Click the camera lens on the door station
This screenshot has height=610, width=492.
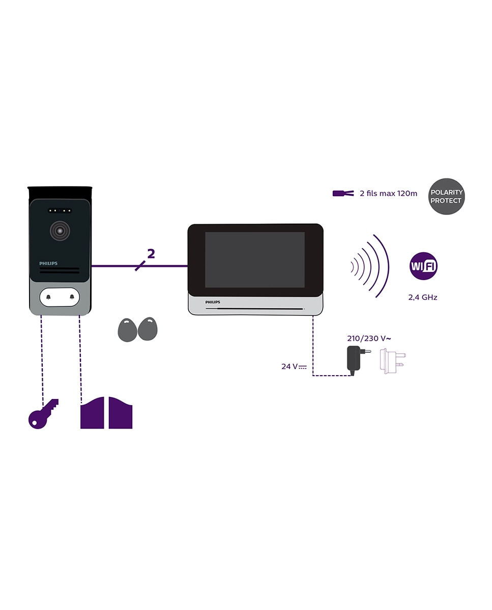pyautogui.click(x=60, y=231)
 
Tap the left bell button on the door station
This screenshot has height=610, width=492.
pyautogui.click(x=48, y=297)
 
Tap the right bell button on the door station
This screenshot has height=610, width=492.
pyautogui.click(x=72, y=297)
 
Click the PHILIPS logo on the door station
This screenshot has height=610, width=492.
pyautogui.click(x=48, y=263)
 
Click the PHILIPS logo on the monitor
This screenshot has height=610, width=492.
pyautogui.click(x=213, y=301)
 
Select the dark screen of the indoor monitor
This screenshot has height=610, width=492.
pyautogui.click(x=254, y=260)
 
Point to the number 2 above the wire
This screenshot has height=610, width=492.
pyautogui.click(x=151, y=254)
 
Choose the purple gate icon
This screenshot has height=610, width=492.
pyautogui.click(x=106, y=414)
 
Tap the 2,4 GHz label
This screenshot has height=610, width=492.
pyautogui.click(x=422, y=297)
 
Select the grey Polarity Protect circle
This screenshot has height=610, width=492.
pyautogui.click(x=446, y=196)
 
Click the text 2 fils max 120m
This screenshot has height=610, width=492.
pyautogui.click(x=388, y=193)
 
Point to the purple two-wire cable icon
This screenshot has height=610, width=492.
pyautogui.click(x=342, y=193)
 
